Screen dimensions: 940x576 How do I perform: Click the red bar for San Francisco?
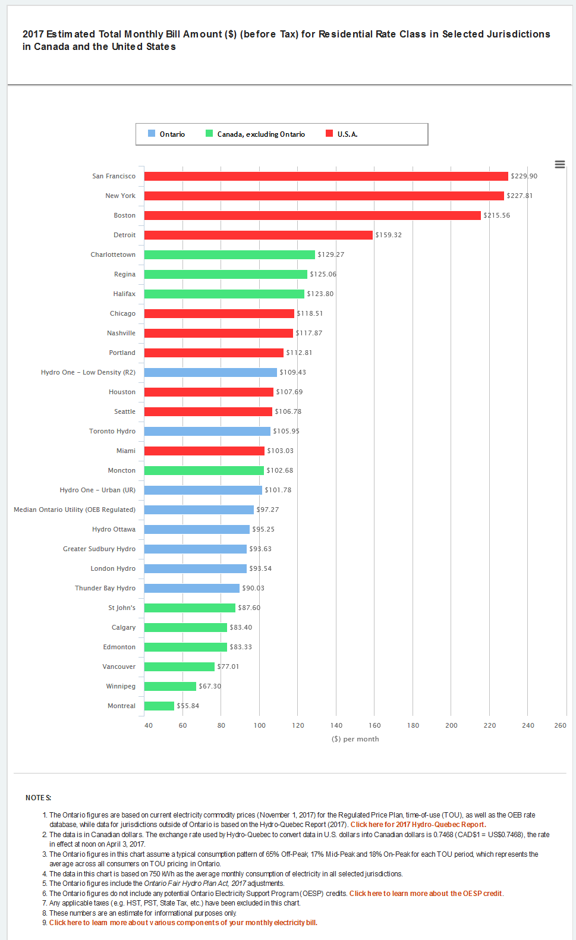pyautogui.click(x=326, y=176)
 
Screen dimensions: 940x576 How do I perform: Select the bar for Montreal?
pyautogui.click(x=159, y=706)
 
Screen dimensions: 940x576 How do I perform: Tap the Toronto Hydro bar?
pyautogui.click(x=207, y=431)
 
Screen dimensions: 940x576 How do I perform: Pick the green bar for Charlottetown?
pyautogui.click(x=229, y=254)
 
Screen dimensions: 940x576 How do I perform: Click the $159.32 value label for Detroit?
pyautogui.click(x=389, y=235)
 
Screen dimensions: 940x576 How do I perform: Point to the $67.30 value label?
pyautogui.click(x=210, y=686)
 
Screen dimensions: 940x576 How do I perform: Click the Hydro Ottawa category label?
pyautogui.click(x=114, y=529)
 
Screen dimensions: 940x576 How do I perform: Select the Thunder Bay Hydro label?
pyautogui.click(x=105, y=588)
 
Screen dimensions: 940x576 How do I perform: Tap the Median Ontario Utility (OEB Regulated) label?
pyautogui.click(x=74, y=510)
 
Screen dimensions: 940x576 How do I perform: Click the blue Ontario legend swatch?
pyautogui.click(x=152, y=134)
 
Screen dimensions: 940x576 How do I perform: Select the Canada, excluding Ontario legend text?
pyautogui.click(x=261, y=134)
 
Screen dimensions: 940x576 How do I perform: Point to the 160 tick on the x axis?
pyautogui.click(x=374, y=725)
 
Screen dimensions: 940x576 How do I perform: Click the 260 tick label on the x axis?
pyautogui.click(x=560, y=725)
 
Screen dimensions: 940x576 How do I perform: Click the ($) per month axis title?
pyautogui.click(x=355, y=739)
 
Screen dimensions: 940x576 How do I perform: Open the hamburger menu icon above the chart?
pyautogui.click(x=560, y=165)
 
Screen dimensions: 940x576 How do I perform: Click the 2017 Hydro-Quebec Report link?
pyautogui.click(x=418, y=825)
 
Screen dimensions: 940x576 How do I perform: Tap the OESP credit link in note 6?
pyautogui.click(x=426, y=894)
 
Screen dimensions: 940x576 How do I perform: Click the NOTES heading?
pyautogui.click(x=38, y=798)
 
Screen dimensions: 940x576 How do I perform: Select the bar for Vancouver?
pyautogui.click(x=180, y=667)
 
